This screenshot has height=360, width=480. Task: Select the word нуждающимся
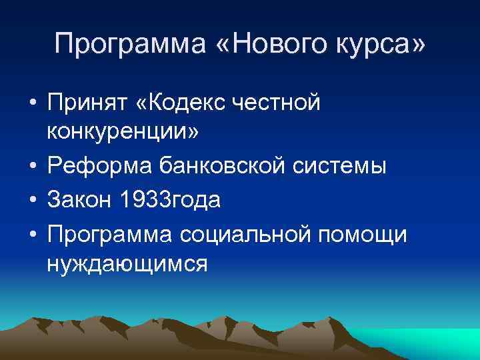(x=127, y=263)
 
